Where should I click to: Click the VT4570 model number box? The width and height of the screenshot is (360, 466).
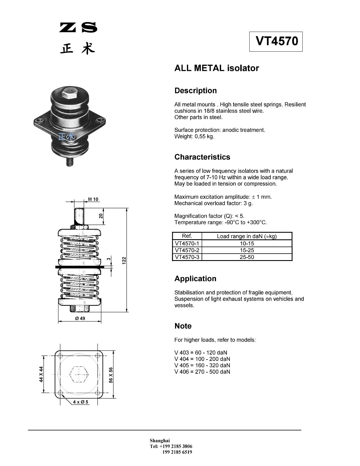tap(276, 42)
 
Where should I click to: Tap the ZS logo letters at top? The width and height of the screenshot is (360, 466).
tap(78, 27)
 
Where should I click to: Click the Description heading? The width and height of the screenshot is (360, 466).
tap(195, 91)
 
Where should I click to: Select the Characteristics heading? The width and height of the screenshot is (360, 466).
tap(202, 157)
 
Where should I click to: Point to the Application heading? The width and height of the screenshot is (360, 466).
tap(195, 279)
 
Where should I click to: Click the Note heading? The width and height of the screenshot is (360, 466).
tap(183, 326)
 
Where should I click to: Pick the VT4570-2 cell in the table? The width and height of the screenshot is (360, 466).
tap(187, 250)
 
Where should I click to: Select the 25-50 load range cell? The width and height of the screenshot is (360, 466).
tap(247, 257)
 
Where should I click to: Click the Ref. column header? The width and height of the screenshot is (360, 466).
tap(187, 236)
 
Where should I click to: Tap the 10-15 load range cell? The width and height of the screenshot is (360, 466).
tap(247, 243)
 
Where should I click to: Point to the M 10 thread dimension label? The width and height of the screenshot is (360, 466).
tap(93, 199)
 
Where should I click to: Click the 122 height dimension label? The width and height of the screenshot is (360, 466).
tap(124, 260)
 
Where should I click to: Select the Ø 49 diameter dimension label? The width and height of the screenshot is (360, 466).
tap(80, 319)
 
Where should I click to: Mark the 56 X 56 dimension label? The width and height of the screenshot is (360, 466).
tap(111, 375)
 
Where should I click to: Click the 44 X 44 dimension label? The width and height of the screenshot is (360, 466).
tap(41, 374)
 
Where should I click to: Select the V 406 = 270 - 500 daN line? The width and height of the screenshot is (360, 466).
tap(202, 372)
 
